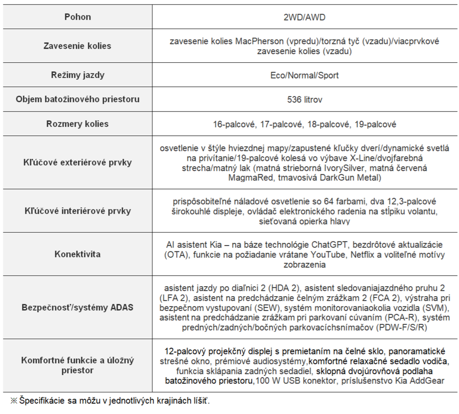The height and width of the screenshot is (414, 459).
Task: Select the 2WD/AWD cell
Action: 304,17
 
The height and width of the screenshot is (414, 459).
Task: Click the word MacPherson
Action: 259,41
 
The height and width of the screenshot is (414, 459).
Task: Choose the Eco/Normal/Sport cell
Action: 304,75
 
